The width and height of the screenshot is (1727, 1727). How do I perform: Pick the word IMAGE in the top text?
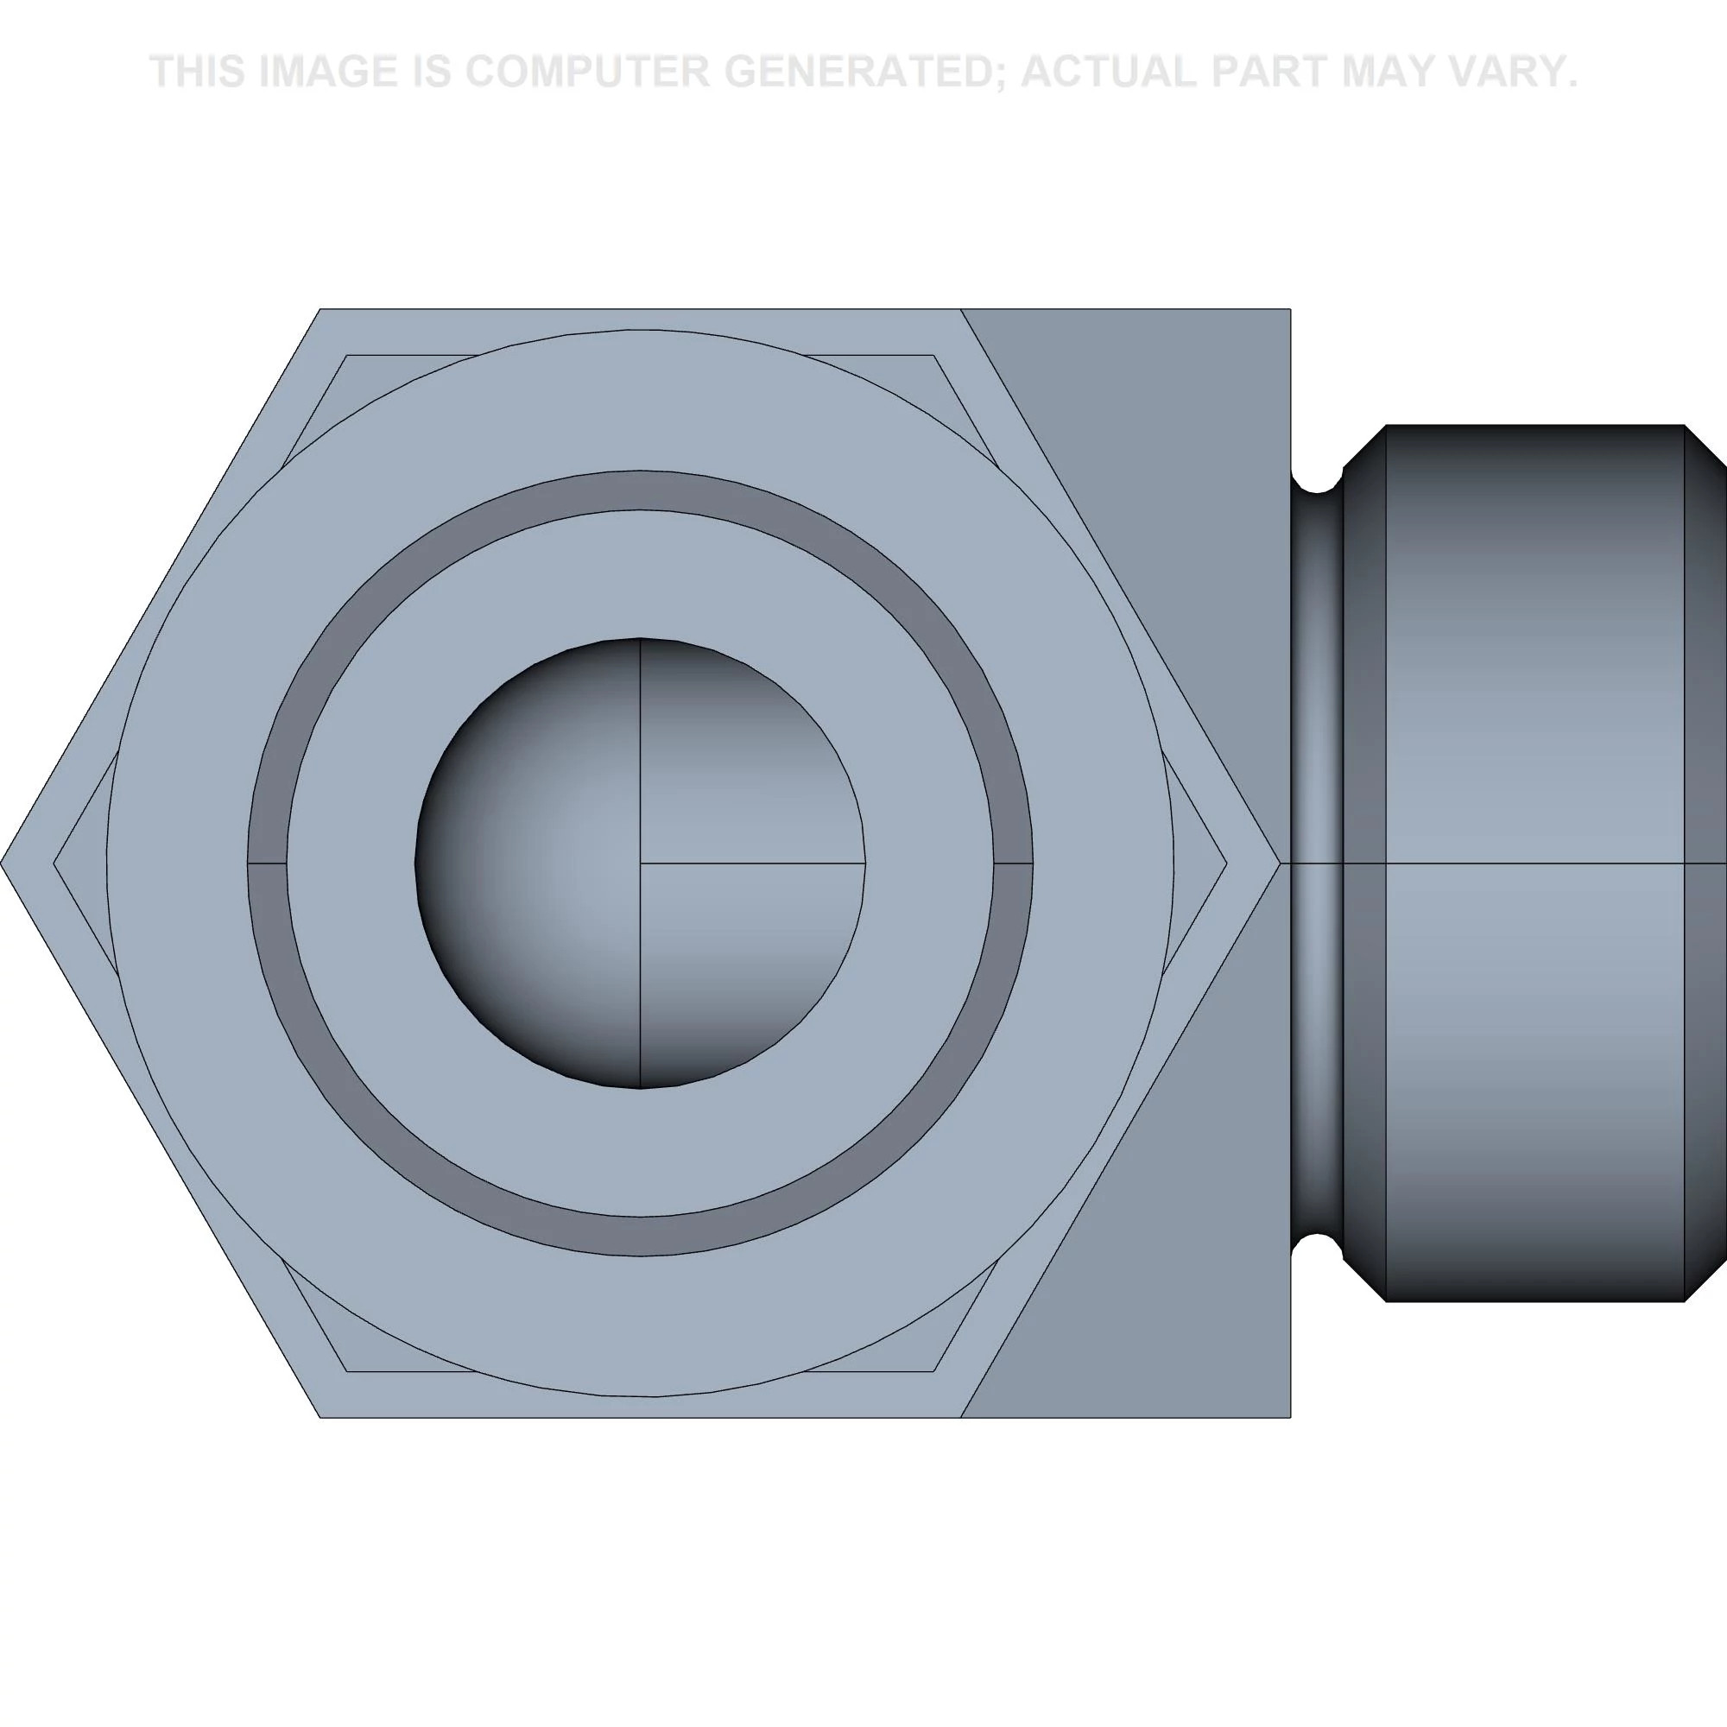point(327,72)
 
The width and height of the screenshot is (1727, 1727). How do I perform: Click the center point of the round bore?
point(640,863)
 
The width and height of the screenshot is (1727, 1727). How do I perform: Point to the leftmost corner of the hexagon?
point(3,863)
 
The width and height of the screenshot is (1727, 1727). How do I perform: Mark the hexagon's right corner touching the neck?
point(1280,863)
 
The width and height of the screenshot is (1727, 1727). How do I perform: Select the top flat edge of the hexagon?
point(640,309)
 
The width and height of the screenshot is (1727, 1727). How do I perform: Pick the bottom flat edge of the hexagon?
point(640,1418)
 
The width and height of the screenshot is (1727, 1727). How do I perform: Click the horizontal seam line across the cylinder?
point(1533,863)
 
